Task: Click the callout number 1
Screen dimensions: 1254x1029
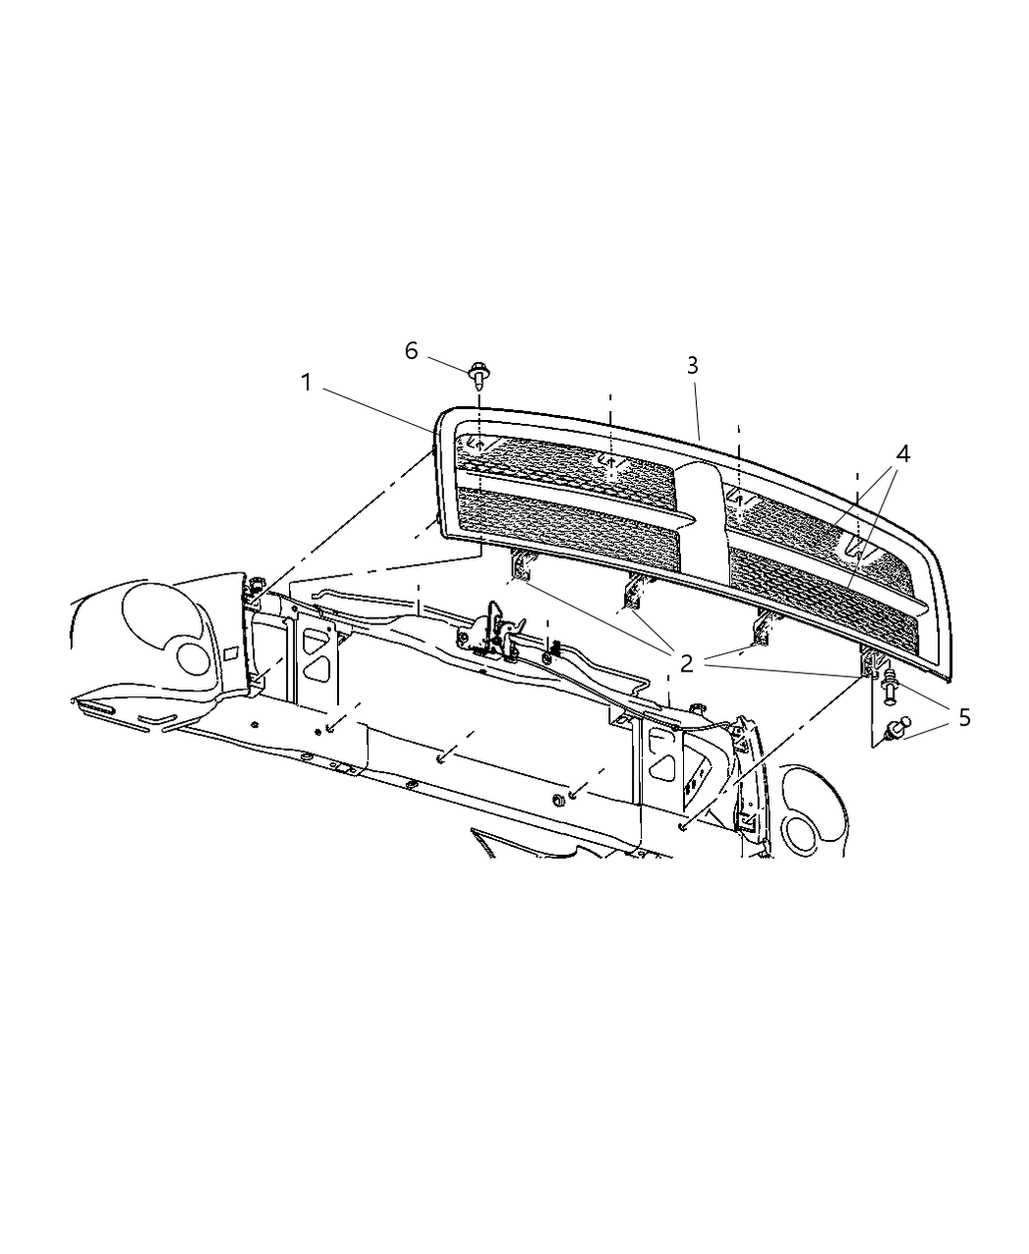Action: click(307, 383)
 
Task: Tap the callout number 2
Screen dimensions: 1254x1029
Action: click(686, 662)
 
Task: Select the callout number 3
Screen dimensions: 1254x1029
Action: click(692, 365)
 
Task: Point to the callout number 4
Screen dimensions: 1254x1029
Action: click(902, 453)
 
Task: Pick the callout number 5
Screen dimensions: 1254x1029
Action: click(963, 717)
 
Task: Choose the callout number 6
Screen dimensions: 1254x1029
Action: click(411, 351)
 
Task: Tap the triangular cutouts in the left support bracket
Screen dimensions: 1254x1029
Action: click(315, 657)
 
